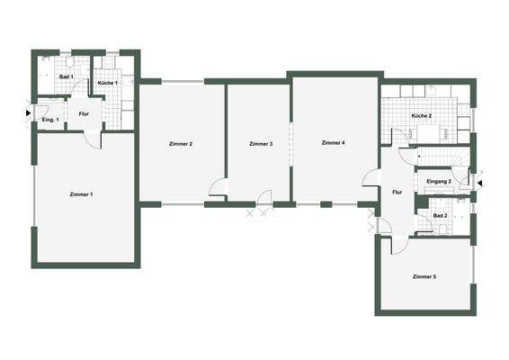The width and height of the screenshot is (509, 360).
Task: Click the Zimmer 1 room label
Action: pos(81,194)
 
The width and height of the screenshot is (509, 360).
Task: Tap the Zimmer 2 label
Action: pos(180,144)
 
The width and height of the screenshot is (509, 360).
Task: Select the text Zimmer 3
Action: pos(261,144)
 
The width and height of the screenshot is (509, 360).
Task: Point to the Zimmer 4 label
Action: pos(333,142)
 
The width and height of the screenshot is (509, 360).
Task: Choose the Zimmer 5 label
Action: pos(424,275)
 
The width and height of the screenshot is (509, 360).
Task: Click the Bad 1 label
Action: pos(66,77)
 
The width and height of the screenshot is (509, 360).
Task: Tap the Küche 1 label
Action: pos(108,83)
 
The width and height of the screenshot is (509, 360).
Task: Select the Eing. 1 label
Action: pos(50,120)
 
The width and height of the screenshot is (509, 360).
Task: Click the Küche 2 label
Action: pos(422,117)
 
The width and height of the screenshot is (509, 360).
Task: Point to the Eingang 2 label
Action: pos(438,183)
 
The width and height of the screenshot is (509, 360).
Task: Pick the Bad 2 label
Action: pos(440,216)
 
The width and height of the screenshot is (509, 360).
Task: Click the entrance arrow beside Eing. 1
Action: pos(28,112)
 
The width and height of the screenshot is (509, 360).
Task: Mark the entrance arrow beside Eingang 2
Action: pos(479,184)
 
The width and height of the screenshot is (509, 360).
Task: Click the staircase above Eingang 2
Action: pos(442,159)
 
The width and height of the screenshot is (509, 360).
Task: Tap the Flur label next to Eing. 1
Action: pos(84,114)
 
